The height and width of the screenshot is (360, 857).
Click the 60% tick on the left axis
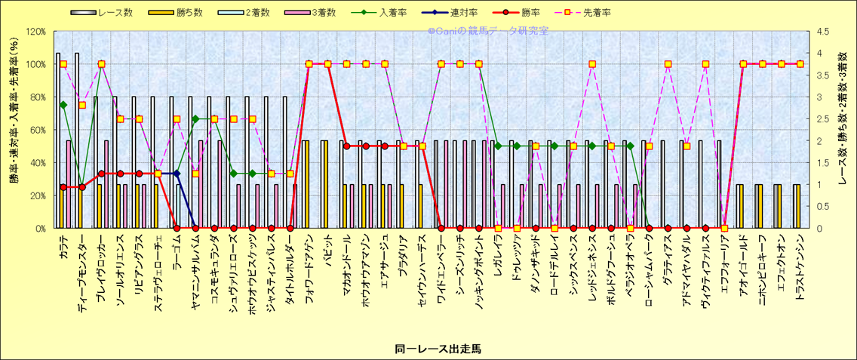click(37, 130)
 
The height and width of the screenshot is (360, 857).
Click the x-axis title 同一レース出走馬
click(438, 349)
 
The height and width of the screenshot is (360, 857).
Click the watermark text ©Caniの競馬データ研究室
click(488, 32)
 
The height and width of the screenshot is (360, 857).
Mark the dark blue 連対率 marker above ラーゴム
click(177, 174)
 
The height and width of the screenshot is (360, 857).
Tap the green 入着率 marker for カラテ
click(63, 105)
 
